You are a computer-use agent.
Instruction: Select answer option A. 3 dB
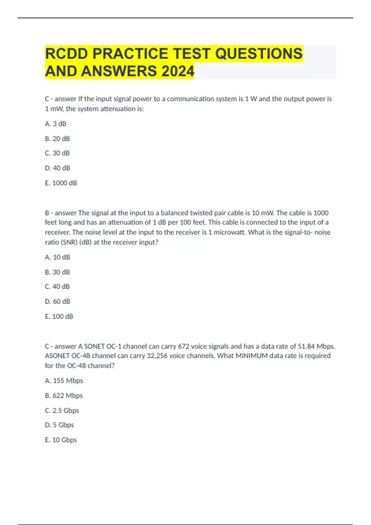[56, 124]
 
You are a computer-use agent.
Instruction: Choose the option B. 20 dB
[58, 139]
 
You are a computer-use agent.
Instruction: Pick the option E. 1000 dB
[61, 183]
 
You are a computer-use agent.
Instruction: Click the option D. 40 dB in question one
[58, 168]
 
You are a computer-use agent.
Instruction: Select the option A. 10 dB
[58, 257]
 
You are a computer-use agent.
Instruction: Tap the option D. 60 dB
[58, 301]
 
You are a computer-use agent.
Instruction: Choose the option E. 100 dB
[59, 317]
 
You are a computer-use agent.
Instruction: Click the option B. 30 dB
[58, 272]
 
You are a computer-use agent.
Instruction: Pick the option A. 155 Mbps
[64, 381]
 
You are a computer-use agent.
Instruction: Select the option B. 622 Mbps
[64, 396]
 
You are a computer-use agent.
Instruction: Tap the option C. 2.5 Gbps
[62, 411]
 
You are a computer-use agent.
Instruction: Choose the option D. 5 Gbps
[59, 425]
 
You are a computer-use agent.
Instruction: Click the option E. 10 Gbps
[61, 440]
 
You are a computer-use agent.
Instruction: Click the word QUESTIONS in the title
[259, 53]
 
